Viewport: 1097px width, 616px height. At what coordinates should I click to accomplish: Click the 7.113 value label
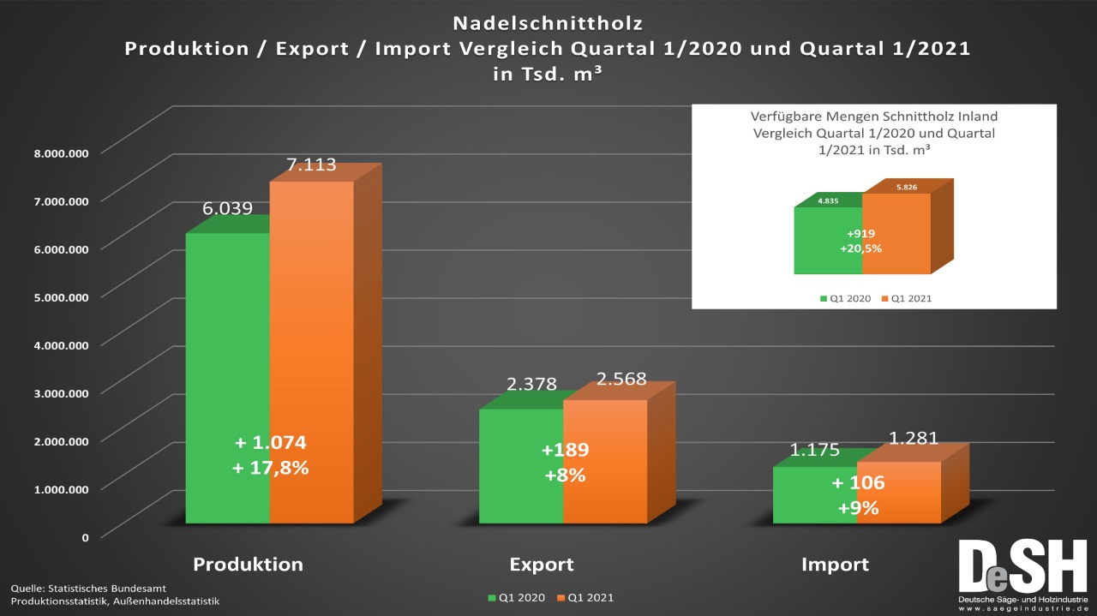pos(311,165)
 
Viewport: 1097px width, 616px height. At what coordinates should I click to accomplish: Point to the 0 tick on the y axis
pos(85,537)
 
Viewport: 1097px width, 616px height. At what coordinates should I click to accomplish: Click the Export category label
pos(542,565)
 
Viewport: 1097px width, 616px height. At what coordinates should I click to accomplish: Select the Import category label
pos(835,565)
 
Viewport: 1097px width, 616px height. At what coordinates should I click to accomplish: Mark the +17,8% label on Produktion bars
pos(271,468)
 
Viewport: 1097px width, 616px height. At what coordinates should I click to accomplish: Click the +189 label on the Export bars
pos(565,451)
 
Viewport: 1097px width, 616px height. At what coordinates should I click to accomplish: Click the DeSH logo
pos(1022,572)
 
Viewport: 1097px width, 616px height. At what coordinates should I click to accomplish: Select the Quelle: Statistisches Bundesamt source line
pos(88,589)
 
